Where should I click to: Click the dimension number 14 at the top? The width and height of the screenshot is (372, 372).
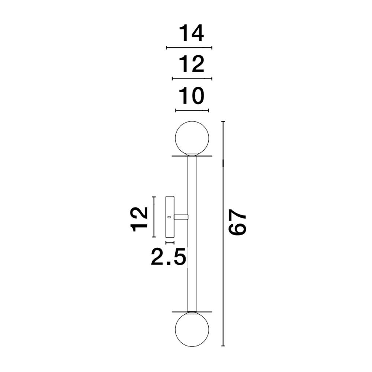[x=191, y=33]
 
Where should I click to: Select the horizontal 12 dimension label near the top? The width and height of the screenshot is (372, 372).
[x=191, y=64]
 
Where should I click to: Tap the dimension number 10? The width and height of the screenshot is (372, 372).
[x=191, y=96]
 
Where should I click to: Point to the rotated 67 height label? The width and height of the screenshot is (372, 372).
[x=238, y=222]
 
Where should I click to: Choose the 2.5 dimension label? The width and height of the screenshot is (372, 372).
[x=168, y=257]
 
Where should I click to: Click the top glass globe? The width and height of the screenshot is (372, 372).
[x=192, y=138]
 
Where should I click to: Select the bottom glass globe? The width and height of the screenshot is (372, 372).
[x=192, y=330]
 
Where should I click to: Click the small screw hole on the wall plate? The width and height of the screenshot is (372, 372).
[x=169, y=217]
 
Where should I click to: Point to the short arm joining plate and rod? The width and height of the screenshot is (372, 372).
[x=181, y=217]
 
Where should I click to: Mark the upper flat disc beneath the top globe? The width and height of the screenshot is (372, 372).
[x=192, y=156]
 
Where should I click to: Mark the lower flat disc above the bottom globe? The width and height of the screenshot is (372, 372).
[x=192, y=312]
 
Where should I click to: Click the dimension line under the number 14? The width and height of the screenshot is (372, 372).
[x=189, y=48]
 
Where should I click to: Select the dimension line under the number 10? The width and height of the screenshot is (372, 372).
[x=192, y=110]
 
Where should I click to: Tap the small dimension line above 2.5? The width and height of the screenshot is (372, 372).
[x=170, y=243]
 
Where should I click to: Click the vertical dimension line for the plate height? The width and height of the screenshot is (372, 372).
[x=154, y=217]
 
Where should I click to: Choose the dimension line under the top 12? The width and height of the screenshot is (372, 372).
[x=192, y=78]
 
